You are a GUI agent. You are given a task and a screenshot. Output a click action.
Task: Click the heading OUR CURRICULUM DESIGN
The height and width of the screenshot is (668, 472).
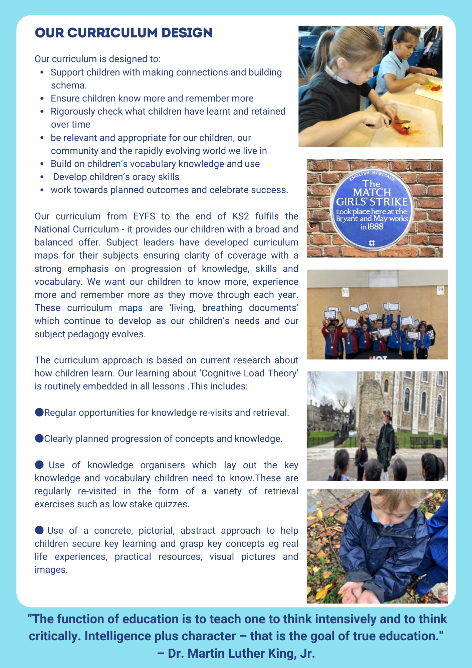click(124, 33)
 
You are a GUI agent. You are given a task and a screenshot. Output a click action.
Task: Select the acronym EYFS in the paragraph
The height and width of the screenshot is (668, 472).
click(144, 216)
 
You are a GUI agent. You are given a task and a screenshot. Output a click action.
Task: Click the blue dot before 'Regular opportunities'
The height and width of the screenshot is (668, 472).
click(39, 412)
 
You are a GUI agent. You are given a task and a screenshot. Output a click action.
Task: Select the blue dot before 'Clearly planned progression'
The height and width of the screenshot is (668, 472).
click(39, 439)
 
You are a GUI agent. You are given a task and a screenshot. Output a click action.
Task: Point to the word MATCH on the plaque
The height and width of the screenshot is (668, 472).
click(372, 193)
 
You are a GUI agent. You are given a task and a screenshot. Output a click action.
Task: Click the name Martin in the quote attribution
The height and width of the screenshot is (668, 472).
click(206, 653)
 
